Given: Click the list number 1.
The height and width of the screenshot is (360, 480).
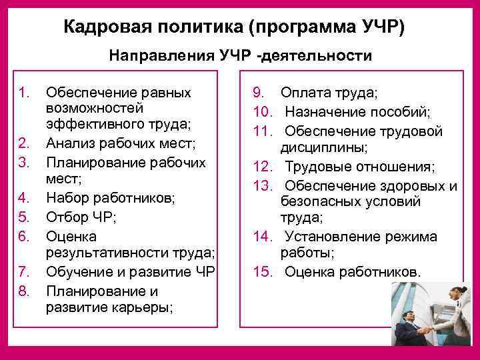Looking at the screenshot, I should [x=25, y=93].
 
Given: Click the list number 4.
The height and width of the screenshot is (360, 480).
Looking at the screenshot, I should [x=25, y=197].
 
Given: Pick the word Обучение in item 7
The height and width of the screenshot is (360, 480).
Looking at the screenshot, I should [x=79, y=272].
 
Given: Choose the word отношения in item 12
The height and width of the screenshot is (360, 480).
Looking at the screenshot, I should [x=391, y=166].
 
